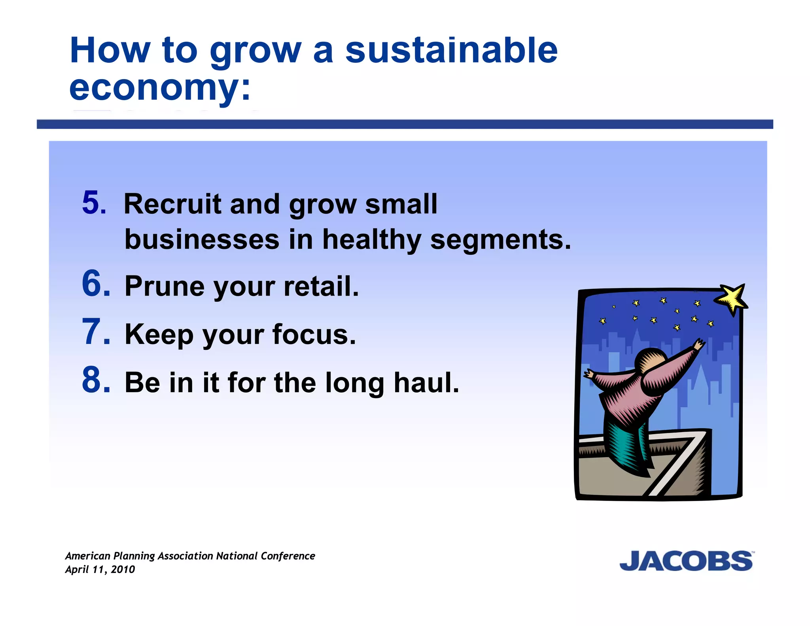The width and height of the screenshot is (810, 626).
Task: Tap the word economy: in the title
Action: (x=160, y=88)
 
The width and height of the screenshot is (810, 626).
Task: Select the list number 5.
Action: (x=94, y=203)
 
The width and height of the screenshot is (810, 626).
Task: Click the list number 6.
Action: (x=96, y=284)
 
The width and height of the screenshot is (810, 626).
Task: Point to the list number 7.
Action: (x=96, y=332)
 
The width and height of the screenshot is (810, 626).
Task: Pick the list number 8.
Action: (x=96, y=381)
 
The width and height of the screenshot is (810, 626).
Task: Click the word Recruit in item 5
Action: (x=172, y=205)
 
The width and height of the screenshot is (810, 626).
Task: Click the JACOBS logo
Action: (x=686, y=561)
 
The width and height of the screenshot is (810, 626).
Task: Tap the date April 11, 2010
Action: (x=100, y=570)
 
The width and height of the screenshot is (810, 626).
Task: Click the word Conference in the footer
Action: (x=288, y=556)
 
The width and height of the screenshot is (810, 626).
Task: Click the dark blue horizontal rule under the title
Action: (x=405, y=124)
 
